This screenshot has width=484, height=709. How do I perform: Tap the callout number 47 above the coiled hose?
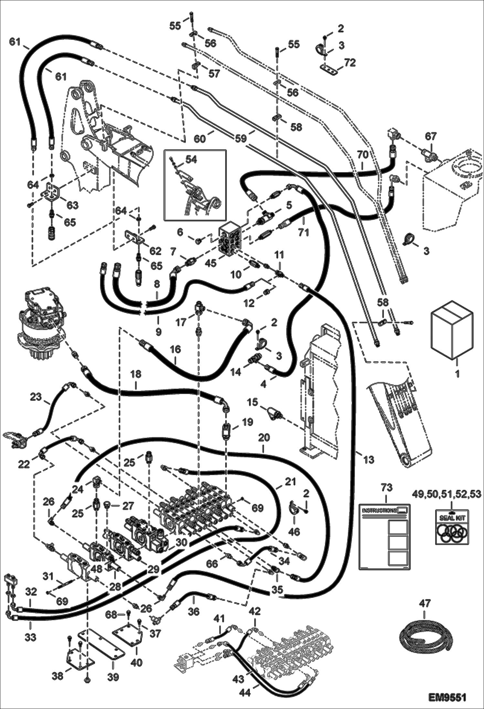(425, 603)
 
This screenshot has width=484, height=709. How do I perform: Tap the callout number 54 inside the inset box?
(191, 160)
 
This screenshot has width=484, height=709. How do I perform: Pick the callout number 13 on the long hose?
(369, 459)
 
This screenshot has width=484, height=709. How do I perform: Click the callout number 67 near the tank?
(430, 136)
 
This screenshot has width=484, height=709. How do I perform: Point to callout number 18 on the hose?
(136, 374)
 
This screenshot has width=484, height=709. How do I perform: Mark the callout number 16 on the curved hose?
(175, 350)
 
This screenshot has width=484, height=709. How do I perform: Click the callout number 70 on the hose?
(363, 155)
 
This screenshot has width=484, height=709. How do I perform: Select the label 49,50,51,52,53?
(451, 494)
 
